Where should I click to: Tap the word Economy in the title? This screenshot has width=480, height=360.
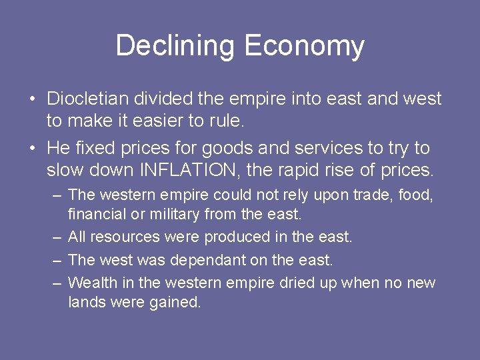pos(304,47)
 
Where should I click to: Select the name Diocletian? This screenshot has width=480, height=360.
pos(89,99)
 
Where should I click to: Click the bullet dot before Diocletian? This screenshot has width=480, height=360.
pos(32,100)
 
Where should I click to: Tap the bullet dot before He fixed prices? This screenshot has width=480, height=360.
pos(32,149)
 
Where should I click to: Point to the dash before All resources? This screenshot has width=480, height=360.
pos(57,237)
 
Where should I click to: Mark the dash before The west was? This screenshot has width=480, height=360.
pos(57,260)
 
